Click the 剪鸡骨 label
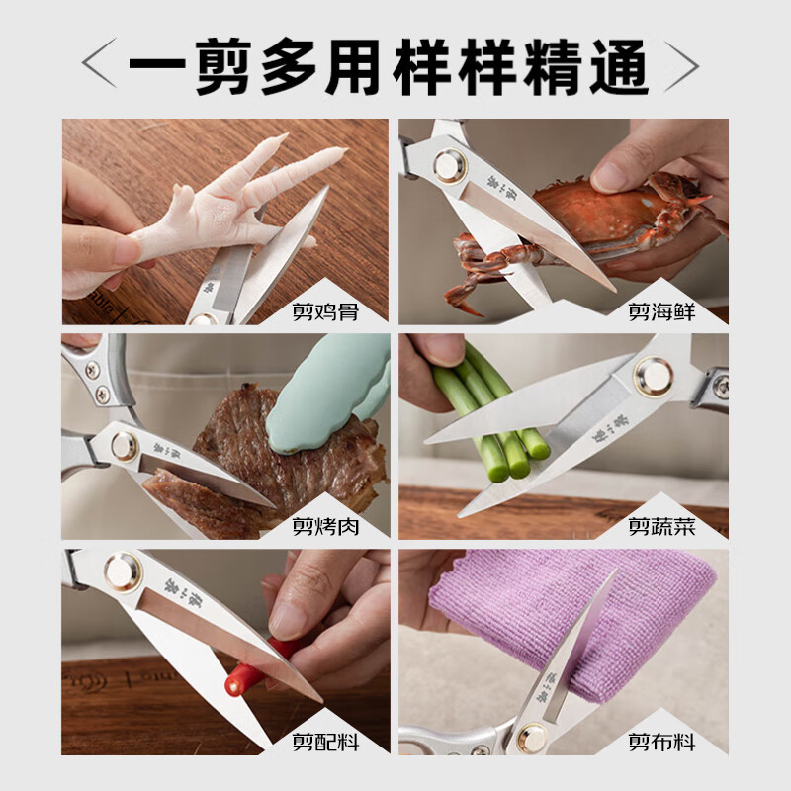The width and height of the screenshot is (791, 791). pyautogui.click(x=325, y=312)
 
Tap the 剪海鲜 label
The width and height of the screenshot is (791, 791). pyautogui.click(x=661, y=312)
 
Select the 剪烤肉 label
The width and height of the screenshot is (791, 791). pyautogui.click(x=325, y=526)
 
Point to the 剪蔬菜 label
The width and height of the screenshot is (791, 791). pyautogui.click(x=661, y=526)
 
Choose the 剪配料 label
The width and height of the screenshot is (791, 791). pyautogui.click(x=325, y=741)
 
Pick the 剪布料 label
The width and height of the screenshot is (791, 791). pyautogui.click(x=661, y=741)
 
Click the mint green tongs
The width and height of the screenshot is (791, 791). pyautogui.click(x=331, y=391)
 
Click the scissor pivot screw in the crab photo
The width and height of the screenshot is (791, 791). pyautogui.click(x=449, y=166)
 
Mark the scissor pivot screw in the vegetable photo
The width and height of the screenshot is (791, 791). pyautogui.click(x=654, y=376)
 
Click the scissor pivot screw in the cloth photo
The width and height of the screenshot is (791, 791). pyautogui.click(x=534, y=737)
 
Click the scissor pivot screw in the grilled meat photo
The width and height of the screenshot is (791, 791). pyautogui.click(x=125, y=446)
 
